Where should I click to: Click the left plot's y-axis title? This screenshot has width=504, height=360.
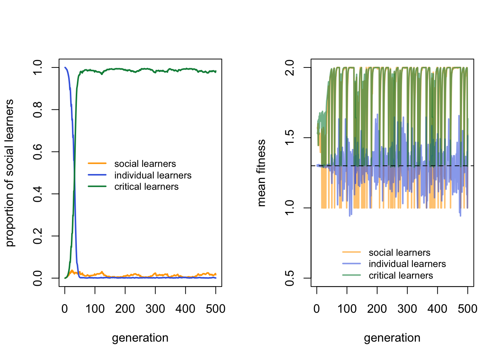coord(10,173)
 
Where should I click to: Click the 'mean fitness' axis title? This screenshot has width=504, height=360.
coord(261,173)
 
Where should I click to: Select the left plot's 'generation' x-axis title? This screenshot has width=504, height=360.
coord(140,338)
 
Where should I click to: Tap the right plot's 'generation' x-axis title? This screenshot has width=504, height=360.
coord(392,338)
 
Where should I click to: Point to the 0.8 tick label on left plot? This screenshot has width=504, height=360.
coord(37,109)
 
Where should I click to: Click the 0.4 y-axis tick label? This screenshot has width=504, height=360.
coord(37,194)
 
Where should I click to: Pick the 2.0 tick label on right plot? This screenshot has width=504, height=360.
coord(289,67)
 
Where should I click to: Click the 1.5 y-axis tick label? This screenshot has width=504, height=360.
coord(289,138)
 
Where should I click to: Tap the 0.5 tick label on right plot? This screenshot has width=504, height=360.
coord(289,278)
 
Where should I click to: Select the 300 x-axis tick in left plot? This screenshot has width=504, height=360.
coord(155,309)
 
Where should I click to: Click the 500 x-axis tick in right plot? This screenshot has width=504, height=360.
coord(468,309)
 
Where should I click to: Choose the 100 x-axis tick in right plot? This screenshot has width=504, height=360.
coord(347,309)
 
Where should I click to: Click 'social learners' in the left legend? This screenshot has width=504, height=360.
coord(145,164)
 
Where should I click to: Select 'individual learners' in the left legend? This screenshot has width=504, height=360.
coord(153,175)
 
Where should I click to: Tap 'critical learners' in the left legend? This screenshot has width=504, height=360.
coord(147,187)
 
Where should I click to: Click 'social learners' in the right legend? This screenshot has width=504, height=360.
coord(399,253)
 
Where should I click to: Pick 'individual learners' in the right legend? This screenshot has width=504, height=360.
coord(407,264)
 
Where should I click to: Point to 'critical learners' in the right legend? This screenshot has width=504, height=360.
coord(401,276)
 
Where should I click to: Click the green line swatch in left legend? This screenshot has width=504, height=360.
coord(97,186)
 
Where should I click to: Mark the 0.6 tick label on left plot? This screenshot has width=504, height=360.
coord(37,152)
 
